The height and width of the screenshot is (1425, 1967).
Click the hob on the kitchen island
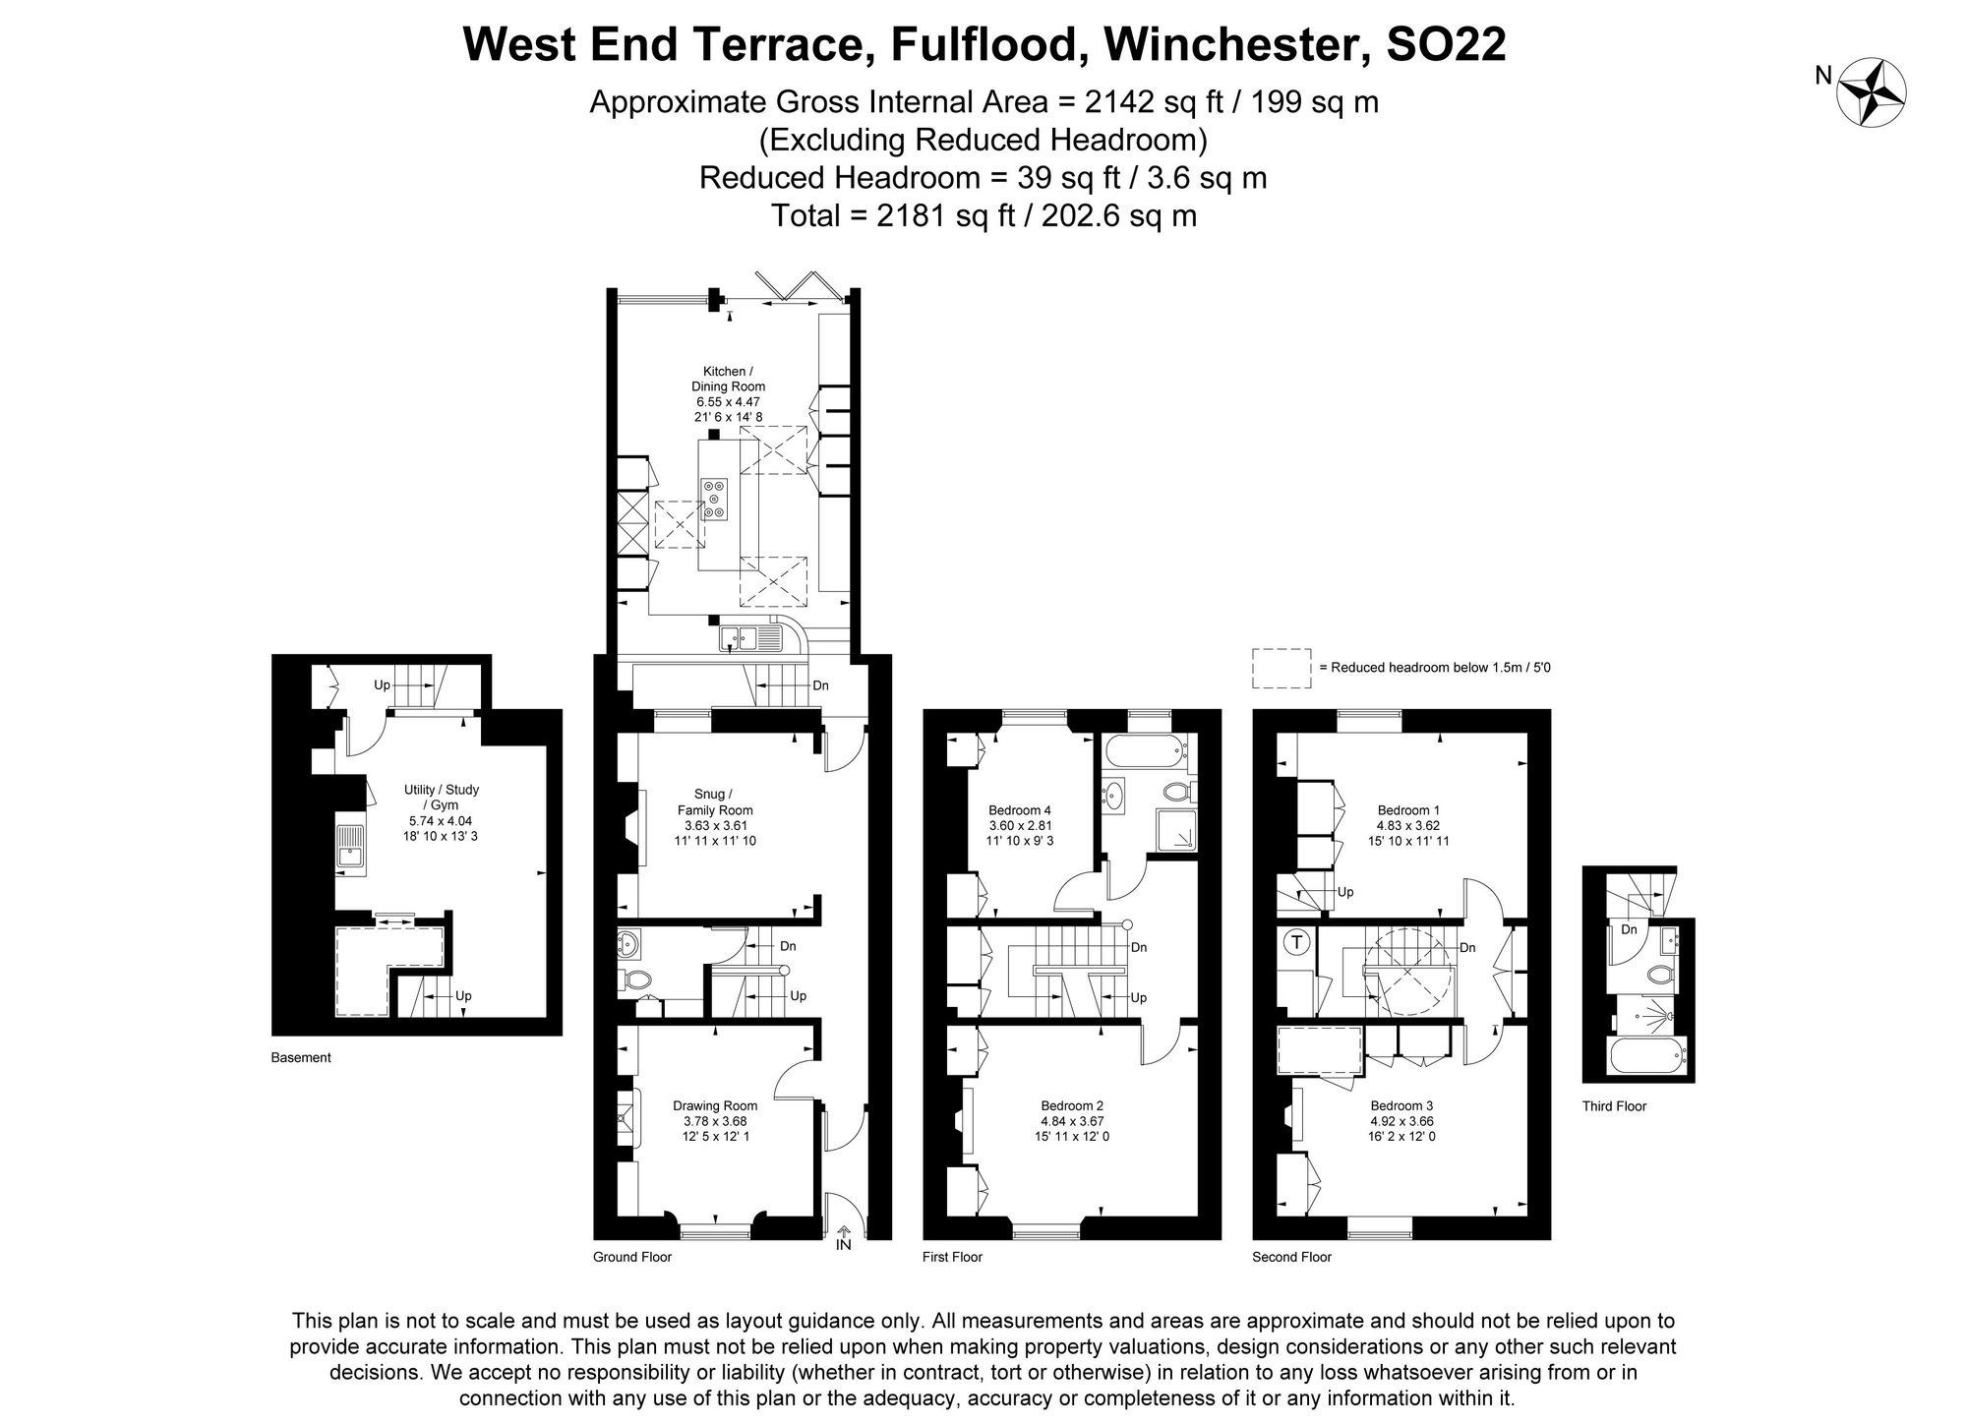click(x=715, y=499)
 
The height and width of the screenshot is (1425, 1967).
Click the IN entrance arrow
click(x=843, y=1237)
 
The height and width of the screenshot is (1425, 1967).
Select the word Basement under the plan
click(x=301, y=1058)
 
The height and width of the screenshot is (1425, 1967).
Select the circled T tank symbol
click(x=1296, y=942)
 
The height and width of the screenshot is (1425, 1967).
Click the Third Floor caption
click(x=1614, y=1106)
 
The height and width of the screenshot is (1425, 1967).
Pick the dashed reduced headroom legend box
click(x=1282, y=668)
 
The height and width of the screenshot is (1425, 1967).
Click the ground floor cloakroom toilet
click(x=637, y=980)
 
